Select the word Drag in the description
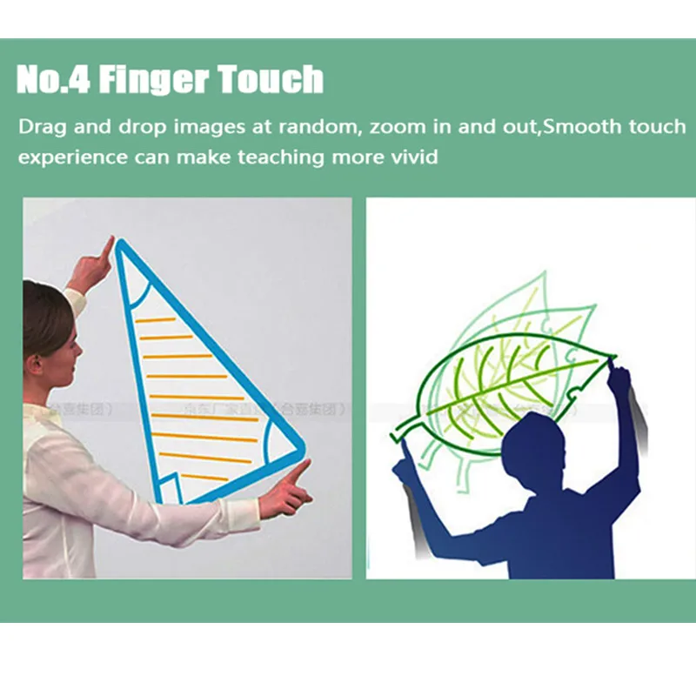click(41, 127)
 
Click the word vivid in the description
click(412, 157)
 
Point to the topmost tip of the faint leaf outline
click(545, 274)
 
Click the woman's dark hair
click(43, 313)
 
